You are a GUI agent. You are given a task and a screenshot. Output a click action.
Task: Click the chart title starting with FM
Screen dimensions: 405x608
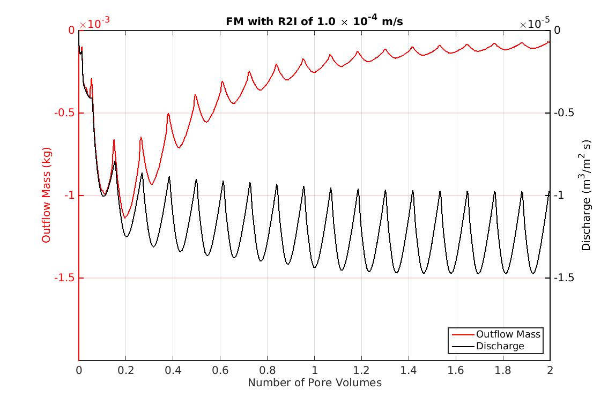pos(314,21)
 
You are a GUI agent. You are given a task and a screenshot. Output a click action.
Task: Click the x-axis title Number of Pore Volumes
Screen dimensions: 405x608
pos(314,382)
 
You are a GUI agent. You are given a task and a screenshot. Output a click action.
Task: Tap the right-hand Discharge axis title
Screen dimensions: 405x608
pos(587,196)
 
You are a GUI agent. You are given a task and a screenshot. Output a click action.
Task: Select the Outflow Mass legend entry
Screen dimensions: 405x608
pos(508,334)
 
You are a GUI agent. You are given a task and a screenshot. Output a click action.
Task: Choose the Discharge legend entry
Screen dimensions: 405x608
pos(500,346)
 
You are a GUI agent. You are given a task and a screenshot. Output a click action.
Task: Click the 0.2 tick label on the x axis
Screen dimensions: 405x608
pos(126,370)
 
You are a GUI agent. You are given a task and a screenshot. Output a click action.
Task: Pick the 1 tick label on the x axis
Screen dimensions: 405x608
pos(315,370)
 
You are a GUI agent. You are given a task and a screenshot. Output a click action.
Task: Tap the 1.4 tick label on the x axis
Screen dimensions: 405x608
pos(409,370)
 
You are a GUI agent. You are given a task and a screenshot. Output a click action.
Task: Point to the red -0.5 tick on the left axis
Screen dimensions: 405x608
pos(65,113)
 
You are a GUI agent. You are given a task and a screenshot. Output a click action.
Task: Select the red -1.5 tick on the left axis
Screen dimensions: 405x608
pos(65,278)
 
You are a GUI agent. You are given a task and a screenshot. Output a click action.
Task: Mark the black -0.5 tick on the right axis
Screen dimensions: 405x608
pos(563,113)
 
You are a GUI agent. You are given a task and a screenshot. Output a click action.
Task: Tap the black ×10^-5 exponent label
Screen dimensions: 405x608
pos(535,24)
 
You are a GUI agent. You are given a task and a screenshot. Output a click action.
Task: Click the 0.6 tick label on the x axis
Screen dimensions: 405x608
pos(220,370)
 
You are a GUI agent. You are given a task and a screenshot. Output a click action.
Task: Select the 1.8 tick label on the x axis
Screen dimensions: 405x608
pos(503,370)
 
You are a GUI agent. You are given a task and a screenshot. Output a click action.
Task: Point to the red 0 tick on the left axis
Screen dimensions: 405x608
pos(71,31)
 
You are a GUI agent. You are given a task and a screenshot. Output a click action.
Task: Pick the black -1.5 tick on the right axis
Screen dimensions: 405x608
pos(563,278)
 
